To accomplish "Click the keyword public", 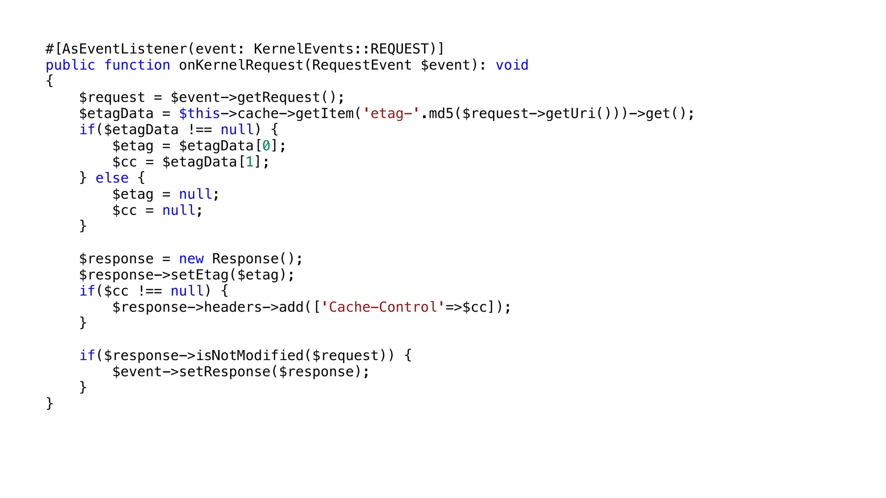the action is pyautogui.click(x=71, y=65).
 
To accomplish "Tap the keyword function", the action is pyautogui.click(x=137, y=65).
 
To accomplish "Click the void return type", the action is pyautogui.click(x=512, y=65).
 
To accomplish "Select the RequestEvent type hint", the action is pyautogui.click(x=362, y=65).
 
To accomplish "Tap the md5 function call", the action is pyautogui.click(x=441, y=114).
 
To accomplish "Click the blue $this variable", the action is pyautogui.click(x=199, y=114).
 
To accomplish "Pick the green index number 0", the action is pyautogui.click(x=266, y=146).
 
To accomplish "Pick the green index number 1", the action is pyautogui.click(x=250, y=162).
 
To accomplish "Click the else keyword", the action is pyautogui.click(x=112, y=178).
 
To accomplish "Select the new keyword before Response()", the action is pyautogui.click(x=191, y=259).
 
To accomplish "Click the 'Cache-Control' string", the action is pyautogui.click(x=382, y=307).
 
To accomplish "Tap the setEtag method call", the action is pyautogui.click(x=199, y=275).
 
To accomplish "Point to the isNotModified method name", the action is pyautogui.click(x=250, y=356).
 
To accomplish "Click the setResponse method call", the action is pyautogui.click(x=225, y=372).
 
